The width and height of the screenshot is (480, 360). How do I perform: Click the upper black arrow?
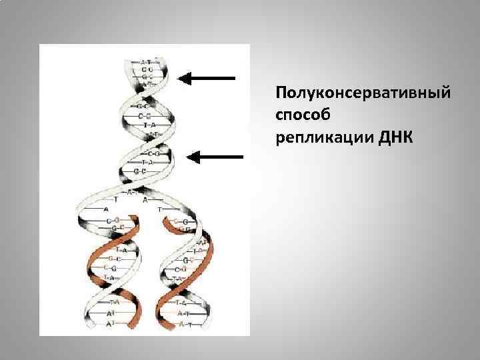pos(207,78)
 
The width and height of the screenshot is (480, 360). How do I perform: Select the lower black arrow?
pos(215,157)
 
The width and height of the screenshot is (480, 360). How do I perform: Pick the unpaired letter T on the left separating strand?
pos(117,199)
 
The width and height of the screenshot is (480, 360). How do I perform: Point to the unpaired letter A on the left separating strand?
pos(107,209)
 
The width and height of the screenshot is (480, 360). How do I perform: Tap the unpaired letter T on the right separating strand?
pos(161,209)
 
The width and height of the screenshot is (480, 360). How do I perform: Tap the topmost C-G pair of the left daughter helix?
pos(113,219)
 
